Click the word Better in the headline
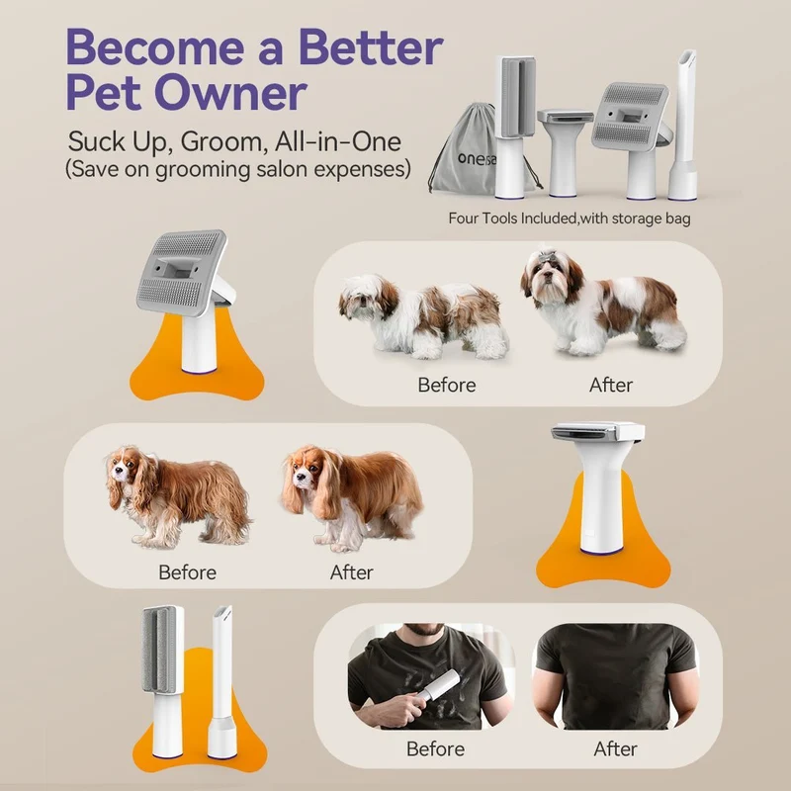pyautogui.click(x=371, y=46)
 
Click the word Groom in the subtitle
pyautogui.click(x=223, y=142)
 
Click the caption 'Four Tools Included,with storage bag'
pyautogui.click(x=570, y=219)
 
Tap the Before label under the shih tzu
pyautogui.click(x=447, y=385)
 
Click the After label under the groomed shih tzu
pyautogui.click(x=611, y=385)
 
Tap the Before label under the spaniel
pyautogui.click(x=187, y=572)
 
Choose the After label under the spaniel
pyautogui.click(x=352, y=572)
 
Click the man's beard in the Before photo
pyautogui.click(x=425, y=629)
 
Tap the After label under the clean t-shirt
pyautogui.click(x=615, y=748)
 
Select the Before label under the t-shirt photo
pyautogui.click(x=435, y=748)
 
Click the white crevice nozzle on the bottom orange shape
pyautogui.click(x=221, y=681)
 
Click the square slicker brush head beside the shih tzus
pyautogui.click(x=181, y=273)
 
